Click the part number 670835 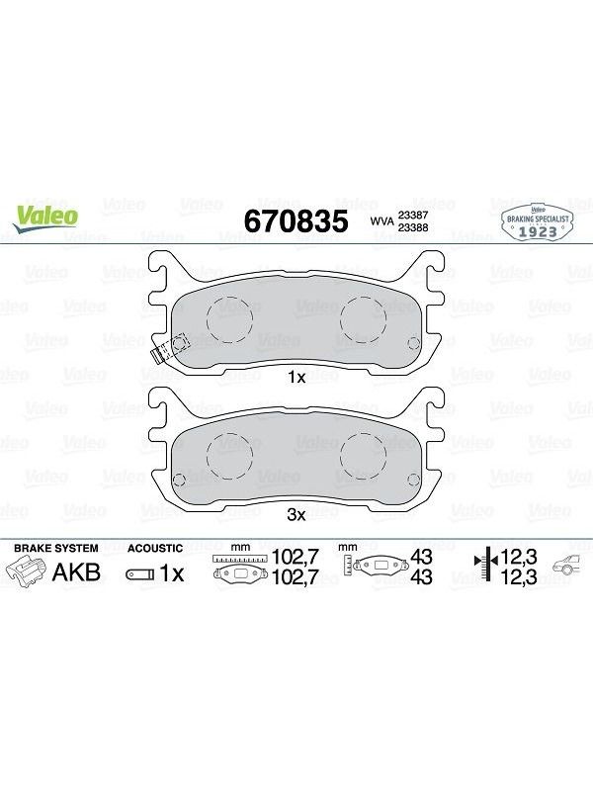[296, 221]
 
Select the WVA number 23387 [413, 215]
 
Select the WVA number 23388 [413, 227]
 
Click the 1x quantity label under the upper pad [296, 377]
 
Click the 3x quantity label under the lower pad [296, 514]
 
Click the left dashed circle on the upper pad [229, 319]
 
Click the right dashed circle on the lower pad [363, 455]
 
